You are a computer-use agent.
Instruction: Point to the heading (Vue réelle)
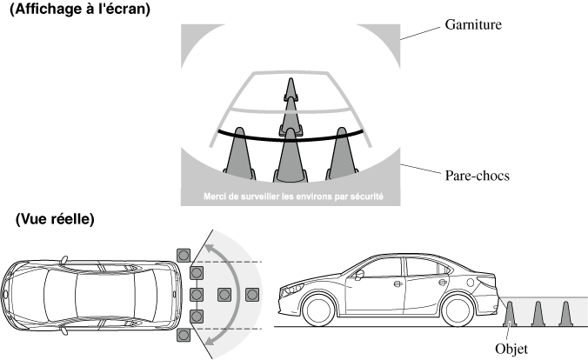(54, 220)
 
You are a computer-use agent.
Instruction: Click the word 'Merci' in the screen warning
(215, 197)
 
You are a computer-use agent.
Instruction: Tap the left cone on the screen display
(236, 157)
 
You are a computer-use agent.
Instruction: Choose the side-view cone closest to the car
(511, 312)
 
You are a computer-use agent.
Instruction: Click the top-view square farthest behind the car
(253, 294)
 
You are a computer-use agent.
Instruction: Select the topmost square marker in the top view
(183, 254)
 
